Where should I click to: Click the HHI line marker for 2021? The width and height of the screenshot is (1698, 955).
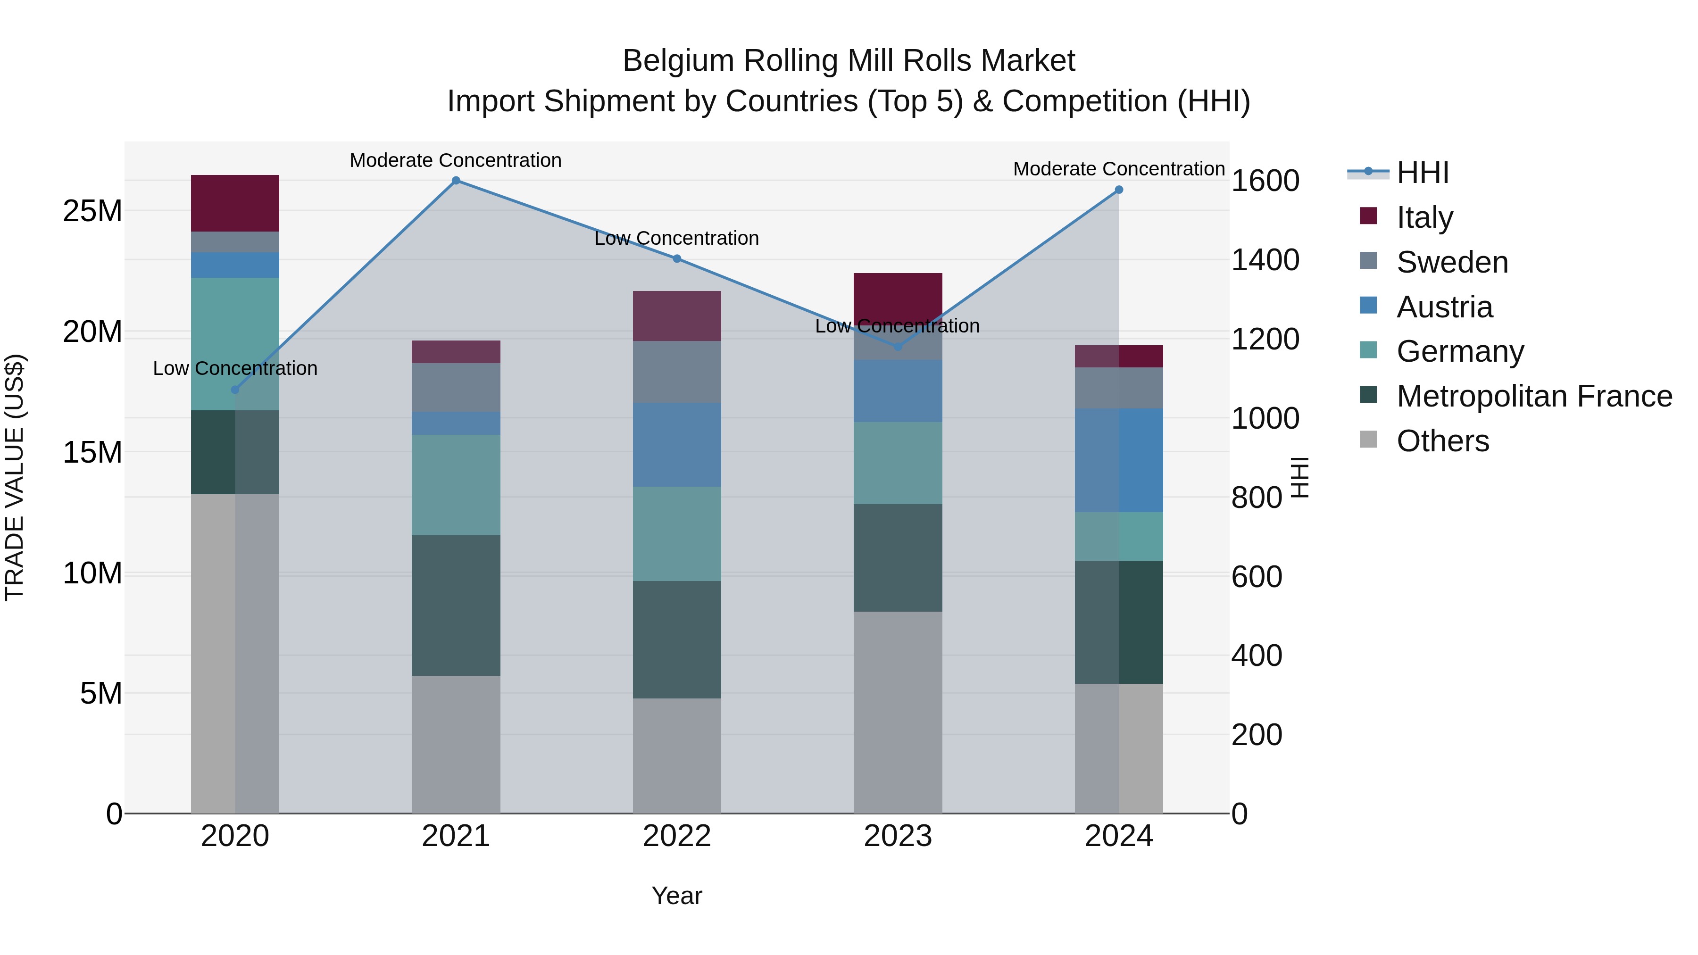pos(456,181)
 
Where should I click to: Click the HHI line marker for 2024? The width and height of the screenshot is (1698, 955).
pos(1119,190)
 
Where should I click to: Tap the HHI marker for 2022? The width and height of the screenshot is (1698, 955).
pos(677,259)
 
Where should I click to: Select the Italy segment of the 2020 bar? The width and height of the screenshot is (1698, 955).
pos(235,203)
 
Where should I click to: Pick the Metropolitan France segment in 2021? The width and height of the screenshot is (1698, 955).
pos(456,605)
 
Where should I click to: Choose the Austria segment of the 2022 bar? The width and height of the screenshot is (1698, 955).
pos(677,445)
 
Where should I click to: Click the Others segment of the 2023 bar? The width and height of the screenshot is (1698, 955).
pos(898,712)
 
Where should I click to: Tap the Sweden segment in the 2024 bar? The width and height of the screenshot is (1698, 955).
pos(1119,388)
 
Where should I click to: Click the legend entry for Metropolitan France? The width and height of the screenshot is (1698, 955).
pos(1534,397)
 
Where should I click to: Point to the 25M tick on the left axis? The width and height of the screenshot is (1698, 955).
pos(92,211)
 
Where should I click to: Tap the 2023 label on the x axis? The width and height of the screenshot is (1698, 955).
pos(898,836)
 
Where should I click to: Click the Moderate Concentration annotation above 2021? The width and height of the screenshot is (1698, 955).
pos(456,160)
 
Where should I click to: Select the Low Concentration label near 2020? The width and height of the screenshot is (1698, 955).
pos(235,368)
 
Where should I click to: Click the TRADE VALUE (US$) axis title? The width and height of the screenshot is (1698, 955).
pos(15,477)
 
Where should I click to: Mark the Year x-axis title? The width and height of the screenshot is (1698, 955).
pos(677,896)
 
